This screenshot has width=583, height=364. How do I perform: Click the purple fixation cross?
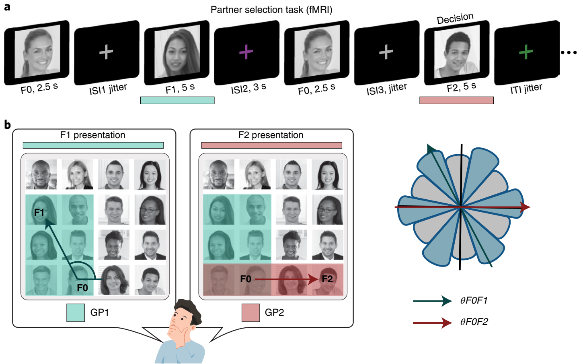point(246,52)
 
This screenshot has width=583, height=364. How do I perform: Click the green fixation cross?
point(526,52)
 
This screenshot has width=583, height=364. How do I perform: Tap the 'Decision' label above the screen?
point(455,19)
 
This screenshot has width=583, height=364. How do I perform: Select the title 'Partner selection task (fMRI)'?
point(271,10)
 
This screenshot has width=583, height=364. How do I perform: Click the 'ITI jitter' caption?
point(526,89)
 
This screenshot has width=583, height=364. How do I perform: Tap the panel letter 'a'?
point(7,7)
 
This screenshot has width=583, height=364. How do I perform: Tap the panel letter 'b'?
point(7,125)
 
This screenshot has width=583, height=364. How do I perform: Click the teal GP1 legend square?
point(76,313)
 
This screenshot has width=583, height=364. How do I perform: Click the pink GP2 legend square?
point(250,313)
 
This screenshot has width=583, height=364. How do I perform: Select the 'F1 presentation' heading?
point(93,135)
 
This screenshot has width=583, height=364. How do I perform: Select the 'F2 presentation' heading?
point(271,135)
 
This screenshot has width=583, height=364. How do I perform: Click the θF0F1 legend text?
point(474,300)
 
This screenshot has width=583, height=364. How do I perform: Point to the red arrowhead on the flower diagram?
point(525,207)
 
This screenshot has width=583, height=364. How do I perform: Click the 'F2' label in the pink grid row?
point(327,279)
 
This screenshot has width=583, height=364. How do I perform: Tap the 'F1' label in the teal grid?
point(39,212)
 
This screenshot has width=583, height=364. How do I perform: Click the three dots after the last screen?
point(569,52)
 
